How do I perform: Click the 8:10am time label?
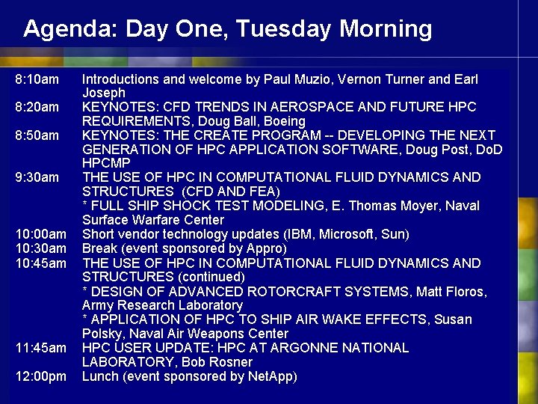coord(37,79)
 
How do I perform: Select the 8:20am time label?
coord(37,107)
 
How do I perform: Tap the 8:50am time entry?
coord(37,135)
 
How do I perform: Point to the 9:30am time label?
coord(37,177)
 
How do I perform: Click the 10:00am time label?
coord(40,234)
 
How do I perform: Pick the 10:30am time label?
coord(40,248)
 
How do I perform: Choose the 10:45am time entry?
coord(40,263)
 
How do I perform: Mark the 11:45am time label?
coord(40,348)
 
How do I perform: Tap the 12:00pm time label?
coord(40,376)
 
